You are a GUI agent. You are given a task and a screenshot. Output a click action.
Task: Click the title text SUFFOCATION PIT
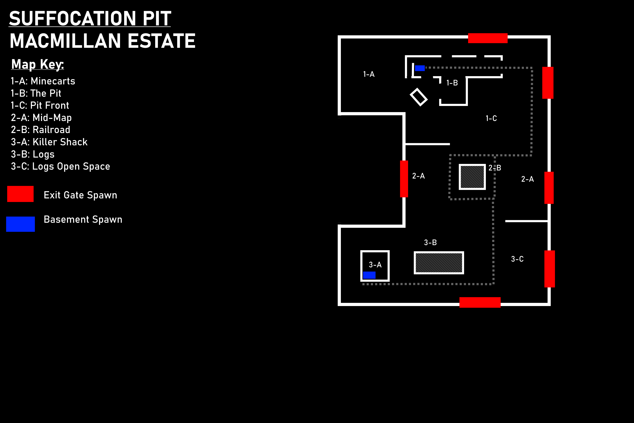[90, 18]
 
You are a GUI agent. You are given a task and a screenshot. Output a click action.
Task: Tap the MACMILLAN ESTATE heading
[103, 41]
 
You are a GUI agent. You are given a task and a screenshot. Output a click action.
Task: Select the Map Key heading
[37, 65]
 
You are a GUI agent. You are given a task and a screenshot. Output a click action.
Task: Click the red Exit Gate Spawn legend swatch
[20, 194]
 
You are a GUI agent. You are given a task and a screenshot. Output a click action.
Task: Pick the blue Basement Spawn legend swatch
[20, 224]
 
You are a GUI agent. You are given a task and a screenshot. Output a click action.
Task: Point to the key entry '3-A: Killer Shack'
[49, 142]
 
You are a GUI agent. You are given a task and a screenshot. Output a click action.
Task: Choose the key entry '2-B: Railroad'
[40, 130]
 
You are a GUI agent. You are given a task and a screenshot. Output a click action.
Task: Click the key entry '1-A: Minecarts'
[43, 81]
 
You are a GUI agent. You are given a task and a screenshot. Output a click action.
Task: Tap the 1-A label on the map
[369, 74]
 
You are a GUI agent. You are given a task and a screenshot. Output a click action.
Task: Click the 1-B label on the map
[452, 83]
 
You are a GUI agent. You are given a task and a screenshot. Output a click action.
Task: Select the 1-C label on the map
[491, 118]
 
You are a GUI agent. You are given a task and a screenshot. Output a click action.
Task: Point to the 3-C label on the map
[517, 259]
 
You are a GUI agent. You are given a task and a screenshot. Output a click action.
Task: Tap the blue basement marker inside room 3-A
[369, 275]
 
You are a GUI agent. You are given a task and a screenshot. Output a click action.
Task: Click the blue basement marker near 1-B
[420, 68]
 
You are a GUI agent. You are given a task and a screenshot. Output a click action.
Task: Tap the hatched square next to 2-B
[472, 177]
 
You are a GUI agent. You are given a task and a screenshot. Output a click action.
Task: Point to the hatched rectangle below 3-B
[439, 263]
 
